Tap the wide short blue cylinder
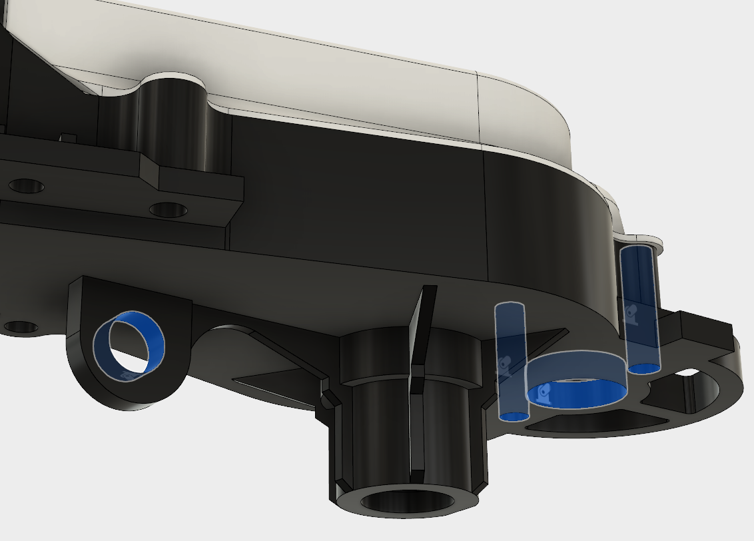[577, 378]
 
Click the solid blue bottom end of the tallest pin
[643, 368]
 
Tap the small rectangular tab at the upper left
[67, 138]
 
